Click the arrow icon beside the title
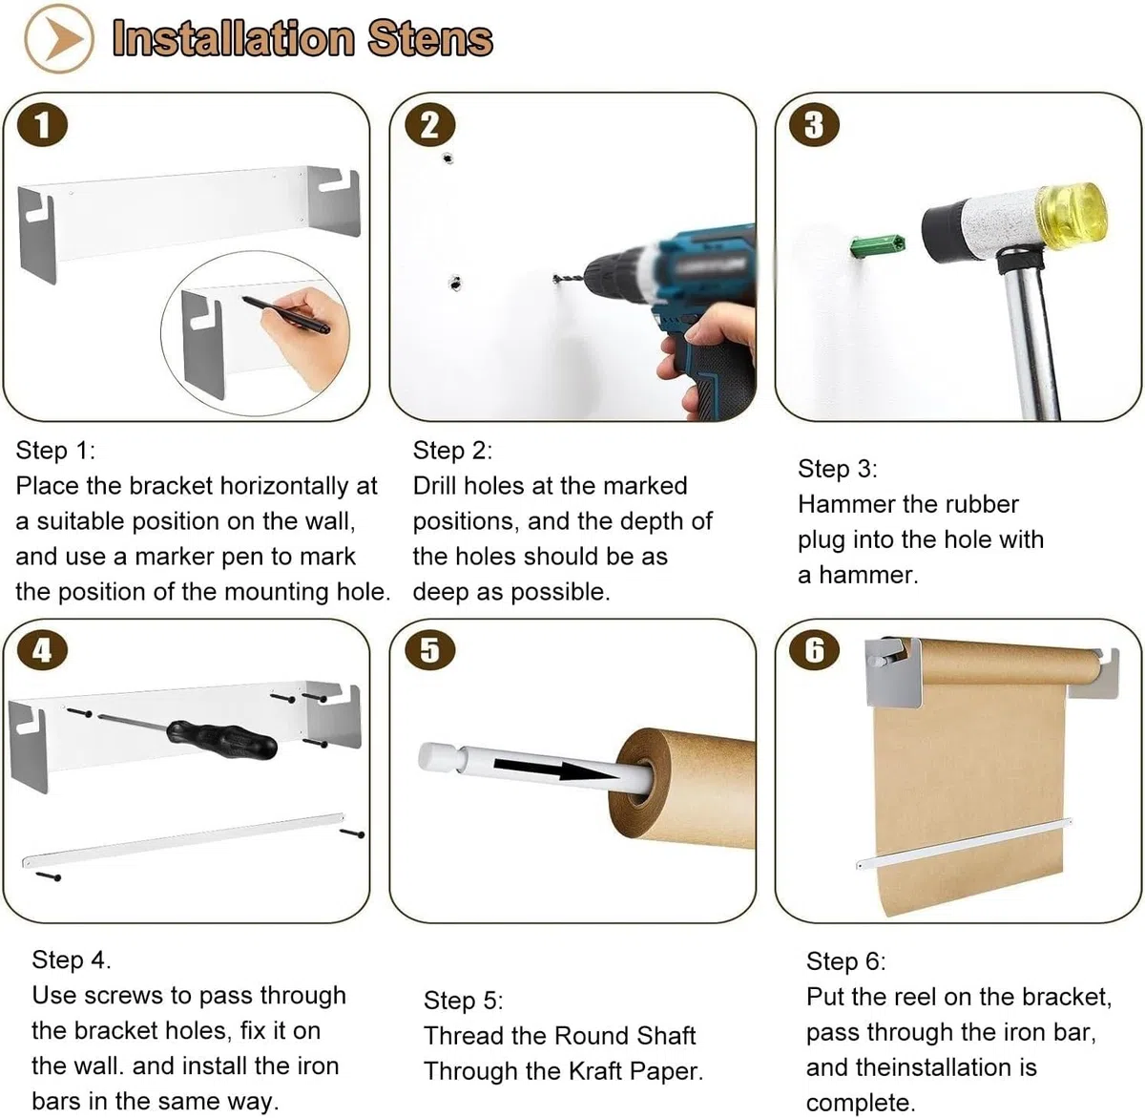(59, 39)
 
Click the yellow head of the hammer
(1072, 208)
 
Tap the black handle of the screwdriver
(221, 740)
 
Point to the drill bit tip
(556, 278)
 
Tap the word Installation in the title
(233, 39)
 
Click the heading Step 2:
(452, 451)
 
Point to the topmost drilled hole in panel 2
(448, 158)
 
